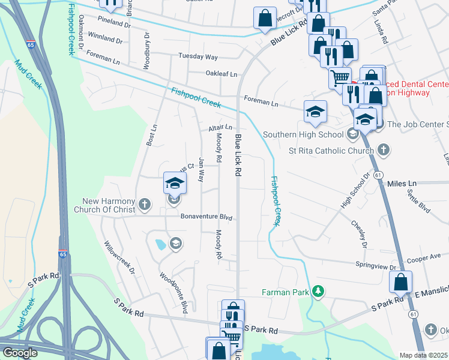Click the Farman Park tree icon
318,292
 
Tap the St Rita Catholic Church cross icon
383,150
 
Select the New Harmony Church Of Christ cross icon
144,205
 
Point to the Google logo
20,353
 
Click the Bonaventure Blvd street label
206,217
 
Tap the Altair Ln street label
220,128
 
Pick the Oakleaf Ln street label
221,74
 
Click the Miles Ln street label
402,182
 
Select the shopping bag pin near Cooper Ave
400,281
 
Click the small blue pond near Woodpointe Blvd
160,245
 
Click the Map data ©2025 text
424,355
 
